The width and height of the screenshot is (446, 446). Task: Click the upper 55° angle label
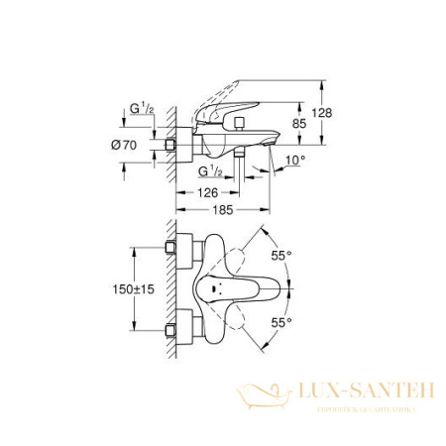click(283, 255)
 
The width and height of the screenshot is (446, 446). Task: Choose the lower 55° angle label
click(283, 324)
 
